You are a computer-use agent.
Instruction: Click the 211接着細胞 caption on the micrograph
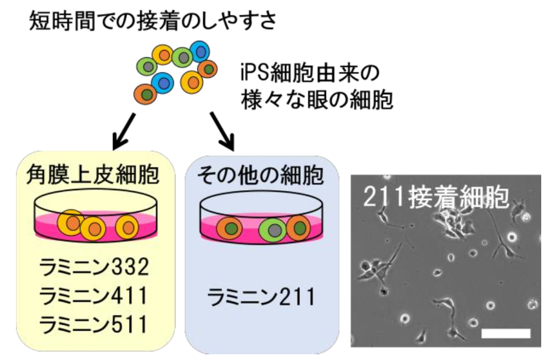pyautogui.click(x=437, y=196)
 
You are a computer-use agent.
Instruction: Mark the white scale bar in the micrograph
pyautogui.click(x=505, y=332)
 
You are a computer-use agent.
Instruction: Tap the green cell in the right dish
pyautogui.click(x=273, y=229)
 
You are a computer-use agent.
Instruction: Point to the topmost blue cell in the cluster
pyautogui.click(x=200, y=51)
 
